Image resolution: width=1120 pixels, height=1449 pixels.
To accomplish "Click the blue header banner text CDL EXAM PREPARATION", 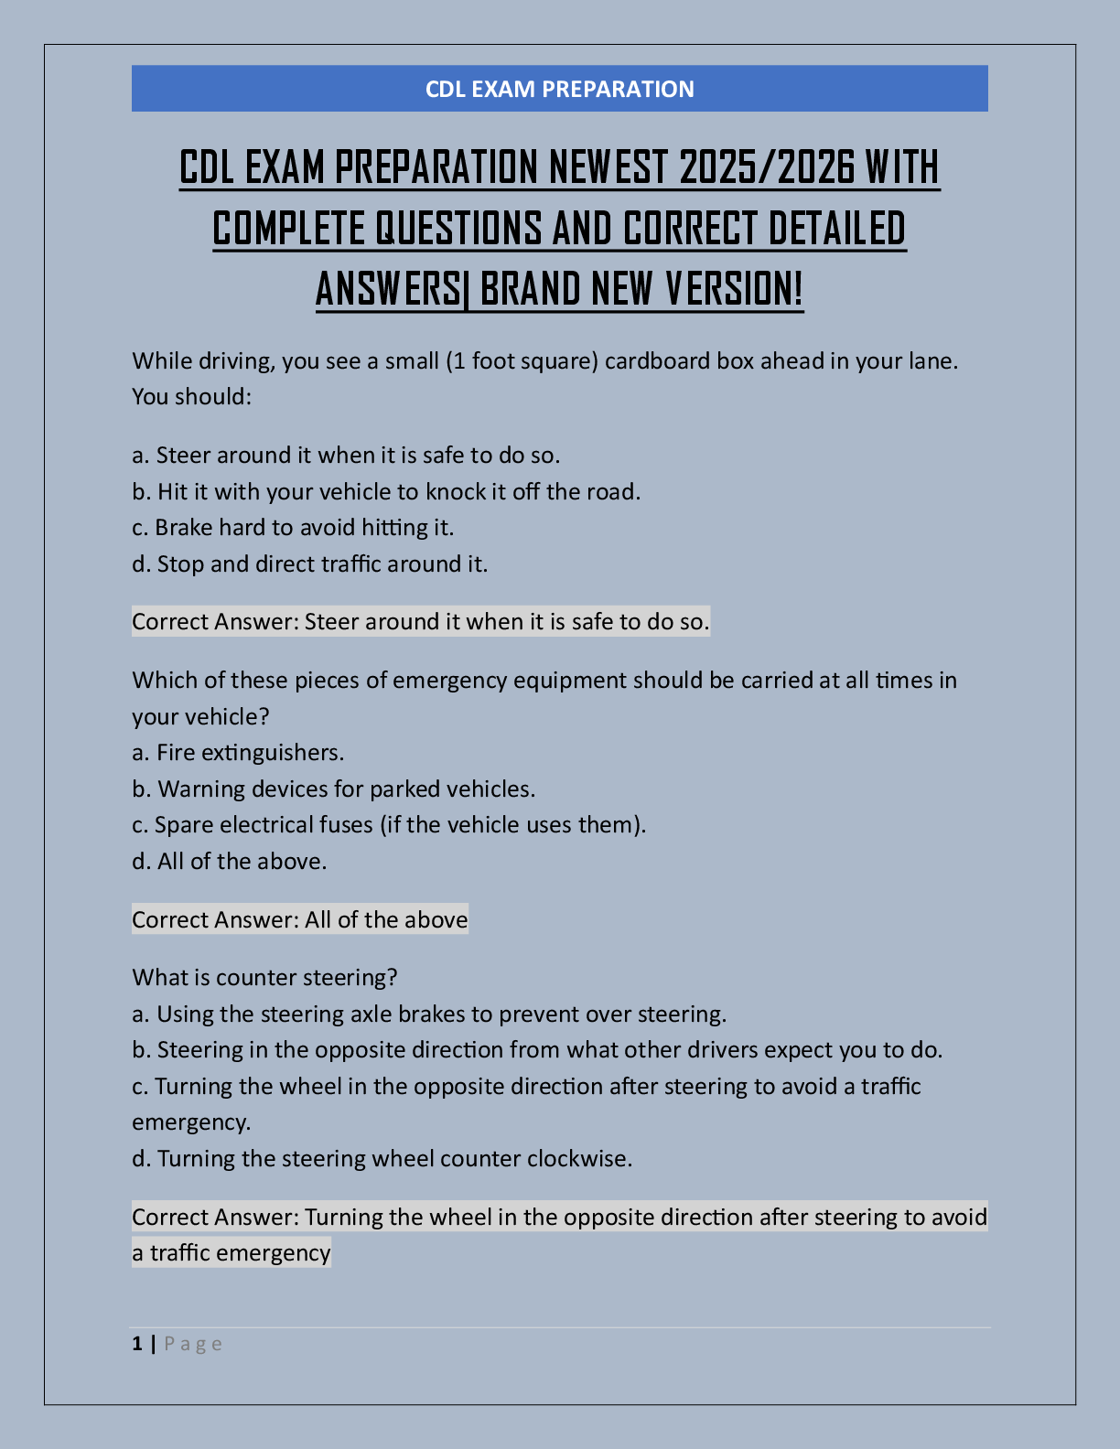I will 559,89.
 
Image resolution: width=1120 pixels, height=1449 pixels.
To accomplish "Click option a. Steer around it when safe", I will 346,455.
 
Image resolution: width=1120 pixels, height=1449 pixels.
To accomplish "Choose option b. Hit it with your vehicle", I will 386,491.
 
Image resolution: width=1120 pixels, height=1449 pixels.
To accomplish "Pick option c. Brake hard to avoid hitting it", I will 293,527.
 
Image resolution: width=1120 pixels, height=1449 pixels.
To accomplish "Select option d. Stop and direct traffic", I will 309,563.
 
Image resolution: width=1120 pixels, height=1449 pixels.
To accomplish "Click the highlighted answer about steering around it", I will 421,622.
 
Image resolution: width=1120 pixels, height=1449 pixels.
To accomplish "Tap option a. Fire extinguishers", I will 238,752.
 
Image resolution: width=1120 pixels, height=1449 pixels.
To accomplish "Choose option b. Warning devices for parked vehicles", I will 334,789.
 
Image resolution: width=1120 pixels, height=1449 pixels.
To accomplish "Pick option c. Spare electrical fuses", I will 389,824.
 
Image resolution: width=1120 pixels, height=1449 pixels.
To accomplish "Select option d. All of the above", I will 229,861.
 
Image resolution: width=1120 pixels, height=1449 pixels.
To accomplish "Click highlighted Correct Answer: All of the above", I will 300,919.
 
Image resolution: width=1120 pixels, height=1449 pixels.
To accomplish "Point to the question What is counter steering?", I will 264,977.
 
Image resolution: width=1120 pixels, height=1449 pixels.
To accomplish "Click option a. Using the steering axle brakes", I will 429,1014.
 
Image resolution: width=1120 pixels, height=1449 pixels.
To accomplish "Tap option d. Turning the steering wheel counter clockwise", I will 382,1158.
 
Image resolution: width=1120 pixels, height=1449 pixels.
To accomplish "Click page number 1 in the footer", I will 137,1344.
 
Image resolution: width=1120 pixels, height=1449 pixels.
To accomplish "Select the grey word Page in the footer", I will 193,1344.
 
